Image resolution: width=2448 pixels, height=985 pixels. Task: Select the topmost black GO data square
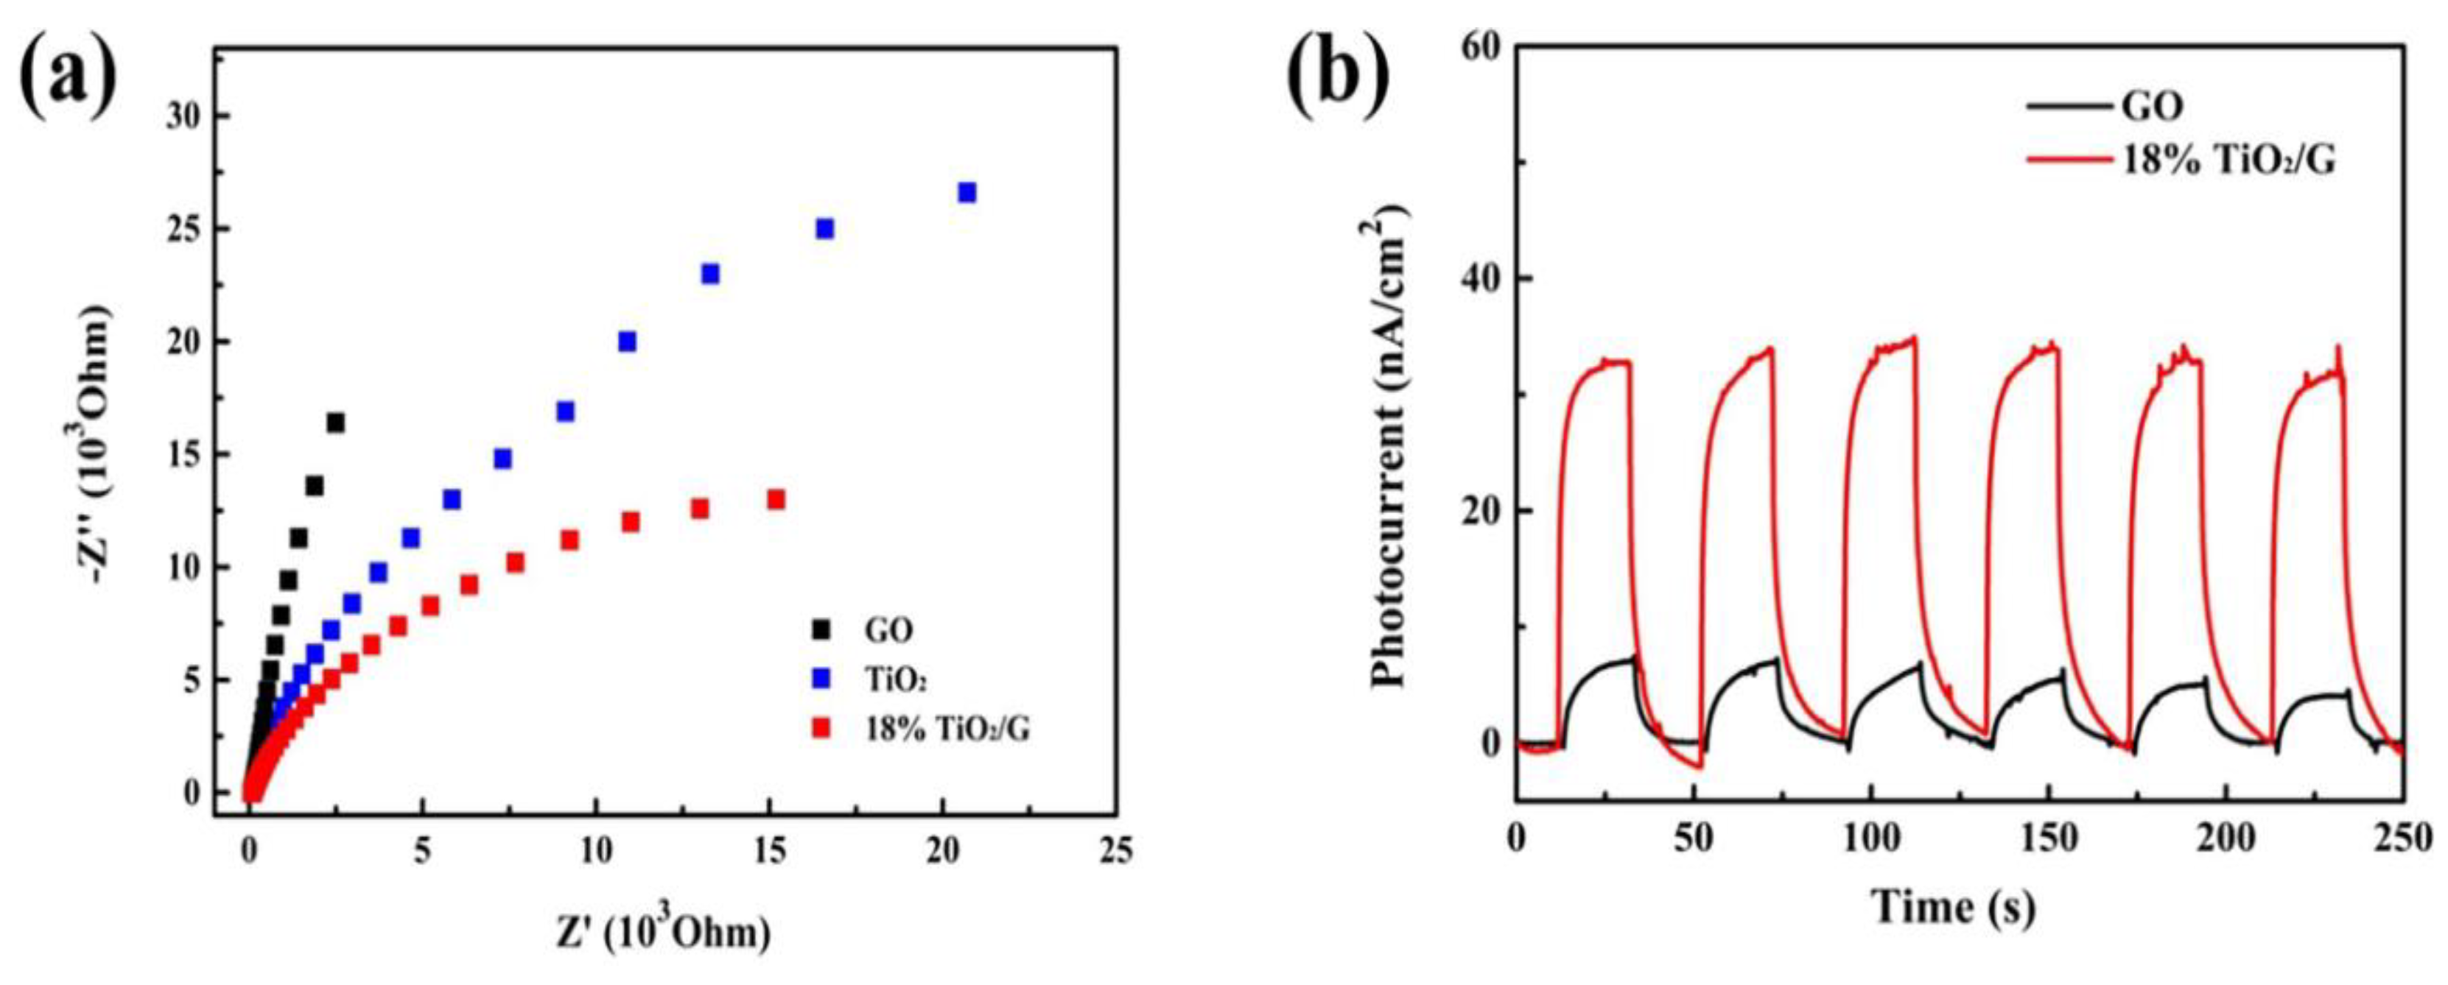[335, 423]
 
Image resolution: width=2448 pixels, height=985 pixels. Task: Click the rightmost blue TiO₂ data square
[967, 192]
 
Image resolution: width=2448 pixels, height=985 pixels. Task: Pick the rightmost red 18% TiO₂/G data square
[776, 498]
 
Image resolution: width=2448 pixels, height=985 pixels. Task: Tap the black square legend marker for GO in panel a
[819, 629]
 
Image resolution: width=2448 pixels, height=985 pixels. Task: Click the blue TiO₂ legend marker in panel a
[819, 678]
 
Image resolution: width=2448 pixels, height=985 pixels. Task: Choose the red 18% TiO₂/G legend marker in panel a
[819, 729]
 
